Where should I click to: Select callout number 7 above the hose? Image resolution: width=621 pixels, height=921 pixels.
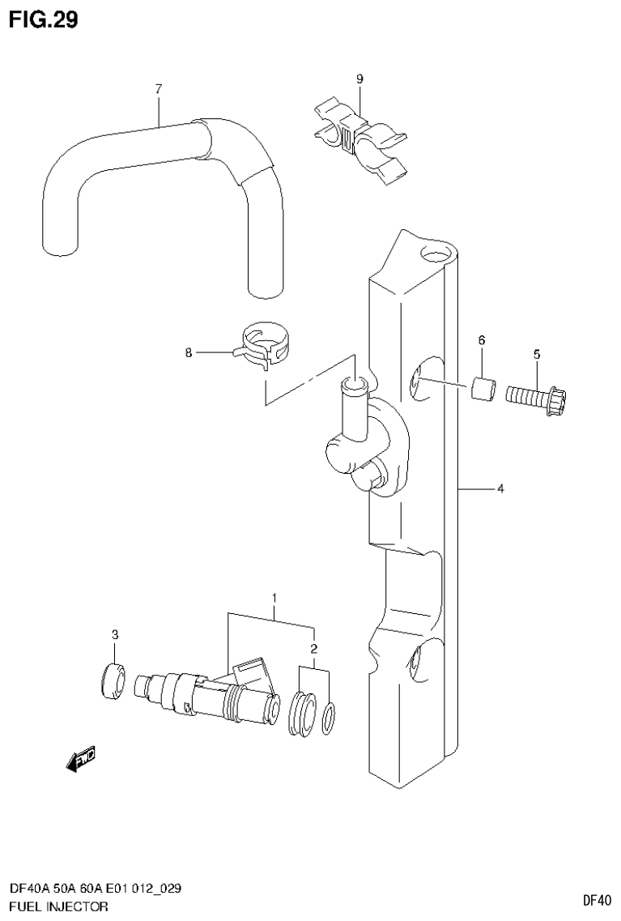pyautogui.click(x=159, y=88)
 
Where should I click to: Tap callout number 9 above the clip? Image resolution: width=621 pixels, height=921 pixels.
pyautogui.click(x=359, y=79)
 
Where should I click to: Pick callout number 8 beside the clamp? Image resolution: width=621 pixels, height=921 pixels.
pyautogui.click(x=189, y=352)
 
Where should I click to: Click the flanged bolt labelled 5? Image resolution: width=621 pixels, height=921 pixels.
pyautogui.click(x=536, y=398)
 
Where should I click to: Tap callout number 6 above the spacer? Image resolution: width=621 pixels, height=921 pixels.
pyautogui.click(x=481, y=341)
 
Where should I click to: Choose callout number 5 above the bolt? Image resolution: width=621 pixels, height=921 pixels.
pyautogui.click(x=536, y=354)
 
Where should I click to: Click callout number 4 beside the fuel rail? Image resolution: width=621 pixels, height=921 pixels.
pyautogui.click(x=500, y=488)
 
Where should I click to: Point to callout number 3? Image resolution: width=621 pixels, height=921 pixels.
pyautogui.click(x=115, y=633)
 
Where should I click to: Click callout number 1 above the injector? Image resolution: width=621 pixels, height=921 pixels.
pyautogui.click(x=274, y=599)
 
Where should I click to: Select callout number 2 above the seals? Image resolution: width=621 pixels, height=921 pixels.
pyautogui.click(x=313, y=649)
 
